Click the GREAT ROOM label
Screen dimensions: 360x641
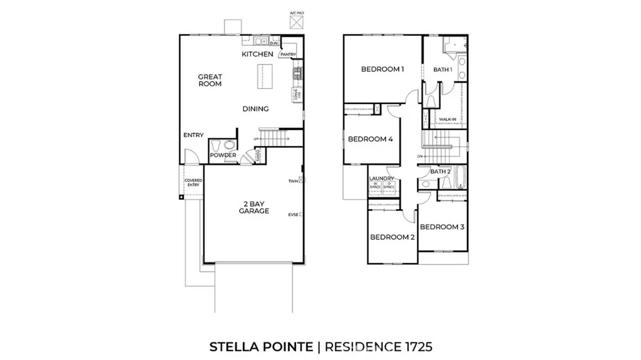click(x=210, y=80)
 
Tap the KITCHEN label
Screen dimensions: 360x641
click(x=257, y=54)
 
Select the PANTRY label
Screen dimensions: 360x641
click(x=288, y=55)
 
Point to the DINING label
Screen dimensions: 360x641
click(x=255, y=109)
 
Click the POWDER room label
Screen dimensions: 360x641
click(x=222, y=155)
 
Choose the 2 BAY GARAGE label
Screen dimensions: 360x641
click(x=254, y=207)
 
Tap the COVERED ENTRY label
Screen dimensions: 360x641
click(x=193, y=183)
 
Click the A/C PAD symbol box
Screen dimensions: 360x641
click(x=295, y=21)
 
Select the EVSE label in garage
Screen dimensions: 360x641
click(x=292, y=215)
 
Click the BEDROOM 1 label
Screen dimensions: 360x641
click(x=382, y=69)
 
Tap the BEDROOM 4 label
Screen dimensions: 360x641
click(x=370, y=139)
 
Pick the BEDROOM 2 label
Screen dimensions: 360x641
click(x=392, y=237)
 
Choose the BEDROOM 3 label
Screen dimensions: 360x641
click(x=442, y=227)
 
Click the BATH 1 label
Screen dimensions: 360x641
click(x=443, y=69)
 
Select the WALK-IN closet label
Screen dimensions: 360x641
click(x=447, y=119)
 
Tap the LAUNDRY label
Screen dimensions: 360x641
click(x=381, y=178)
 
